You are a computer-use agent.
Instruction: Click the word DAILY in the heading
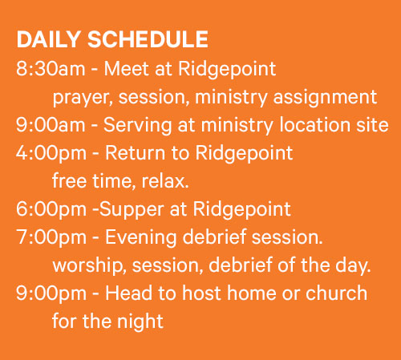pyautogui.click(x=49, y=39)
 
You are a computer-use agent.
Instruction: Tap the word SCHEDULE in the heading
pyautogui.click(x=148, y=39)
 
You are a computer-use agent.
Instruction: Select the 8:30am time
pyautogui.click(x=51, y=69)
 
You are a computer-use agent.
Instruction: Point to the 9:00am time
pyautogui.click(x=51, y=125)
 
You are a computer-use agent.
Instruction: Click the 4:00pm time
pyautogui.click(x=51, y=154)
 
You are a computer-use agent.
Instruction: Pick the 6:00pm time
pyautogui.click(x=51, y=209)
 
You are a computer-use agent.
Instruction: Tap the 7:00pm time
pyautogui.click(x=51, y=237)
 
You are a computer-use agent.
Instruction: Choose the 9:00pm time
pyautogui.click(x=51, y=293)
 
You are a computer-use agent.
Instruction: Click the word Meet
pyautogui.click(x=126, y=69)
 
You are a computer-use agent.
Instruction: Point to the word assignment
pyautogui.click(x=325, y=98)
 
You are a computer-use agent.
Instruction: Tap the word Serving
pyautogui.click(x=137, y=125)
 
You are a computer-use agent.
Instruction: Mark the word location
pyautogui.click(x=314, y=124)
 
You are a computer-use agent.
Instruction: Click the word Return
pyautogui.click(x=135, y=153)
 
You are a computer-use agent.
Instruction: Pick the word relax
pyautogui.click(x=165, y=181)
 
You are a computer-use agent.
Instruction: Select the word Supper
pyautogui.click(x=132, y=210)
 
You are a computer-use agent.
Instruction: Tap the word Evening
pyautogui.click(x=141, y=238)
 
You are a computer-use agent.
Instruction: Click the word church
pyautogui.click(x=336, y=293)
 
